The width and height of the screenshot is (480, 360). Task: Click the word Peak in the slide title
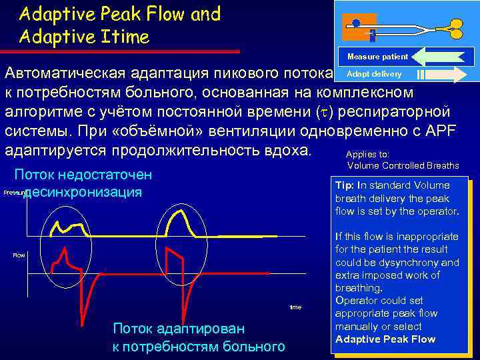[x=123, y=13]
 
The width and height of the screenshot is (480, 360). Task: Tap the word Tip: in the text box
[x=345, y=185]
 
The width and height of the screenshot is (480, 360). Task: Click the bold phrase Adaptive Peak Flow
[x=385, y=339]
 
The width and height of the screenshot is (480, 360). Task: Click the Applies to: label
[x=367, y=155]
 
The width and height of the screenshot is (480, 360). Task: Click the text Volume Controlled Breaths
[x=403, y=165]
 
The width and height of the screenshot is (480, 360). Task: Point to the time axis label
[x=295, y=307]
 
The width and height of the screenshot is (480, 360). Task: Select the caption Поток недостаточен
[x=83, y=175]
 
